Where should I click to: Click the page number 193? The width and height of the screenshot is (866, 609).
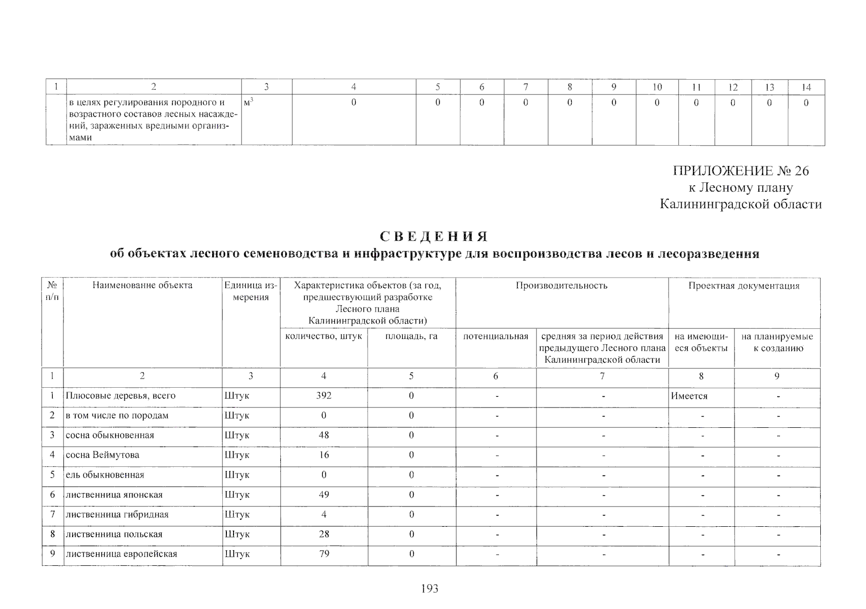click(429, 589)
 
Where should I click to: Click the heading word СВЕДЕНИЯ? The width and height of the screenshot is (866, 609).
click(434, 237)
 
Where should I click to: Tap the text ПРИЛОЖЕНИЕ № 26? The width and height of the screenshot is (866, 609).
click(741, 171)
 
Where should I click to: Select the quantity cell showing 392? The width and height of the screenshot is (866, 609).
click(323, 396)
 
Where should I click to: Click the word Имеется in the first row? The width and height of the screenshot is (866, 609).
click(689, 396)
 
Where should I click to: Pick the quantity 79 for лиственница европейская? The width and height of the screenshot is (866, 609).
click(324, 554)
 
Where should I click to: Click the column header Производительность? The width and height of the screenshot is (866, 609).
click(561, 286)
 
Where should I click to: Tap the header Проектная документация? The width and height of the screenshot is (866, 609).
click(744, 286)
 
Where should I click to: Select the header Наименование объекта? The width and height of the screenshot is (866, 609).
click(142, 285)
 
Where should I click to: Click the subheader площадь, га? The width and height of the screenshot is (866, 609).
click(411, 336)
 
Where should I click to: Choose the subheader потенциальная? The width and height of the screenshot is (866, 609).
click(495, 336)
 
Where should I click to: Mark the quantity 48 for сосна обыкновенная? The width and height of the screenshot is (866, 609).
click(323, 435)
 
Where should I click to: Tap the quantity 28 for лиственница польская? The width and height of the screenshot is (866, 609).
click(324, 534)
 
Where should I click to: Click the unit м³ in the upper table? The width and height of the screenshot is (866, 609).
click(248, 103)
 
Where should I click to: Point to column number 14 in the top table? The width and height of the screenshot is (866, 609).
click(806, 87)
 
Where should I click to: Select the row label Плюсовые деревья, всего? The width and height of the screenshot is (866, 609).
click(120, 396)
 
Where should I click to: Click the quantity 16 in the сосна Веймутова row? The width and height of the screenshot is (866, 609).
click(324, 455)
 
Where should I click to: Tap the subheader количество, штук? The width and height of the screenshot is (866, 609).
click(323, 336)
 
